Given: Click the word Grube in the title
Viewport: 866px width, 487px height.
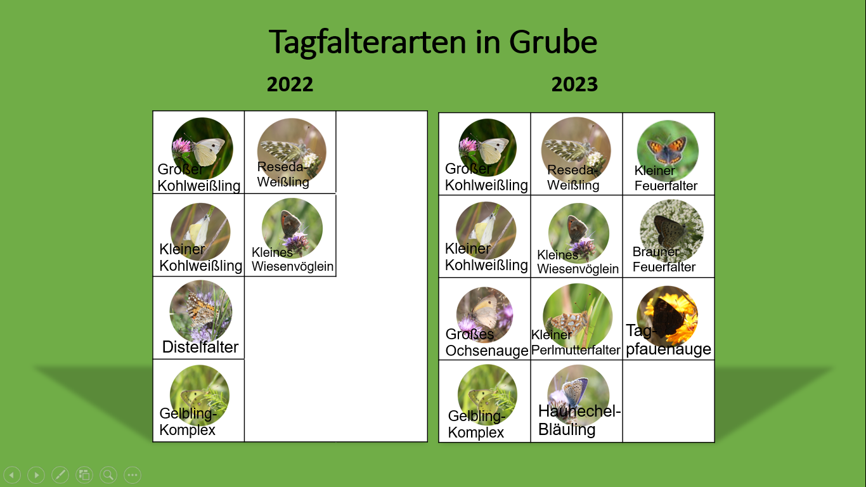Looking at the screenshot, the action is [x=553, y=42].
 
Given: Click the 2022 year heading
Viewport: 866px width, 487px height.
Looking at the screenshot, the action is [x=290, y=84].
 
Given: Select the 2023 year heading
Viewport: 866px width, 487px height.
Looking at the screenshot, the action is [x=574, y=84].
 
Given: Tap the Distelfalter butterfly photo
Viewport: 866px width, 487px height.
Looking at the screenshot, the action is [x=200, y=311].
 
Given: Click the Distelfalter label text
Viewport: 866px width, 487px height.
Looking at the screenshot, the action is [x=200, y=347].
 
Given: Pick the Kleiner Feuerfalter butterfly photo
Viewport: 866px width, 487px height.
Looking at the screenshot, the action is [x=668, y=151].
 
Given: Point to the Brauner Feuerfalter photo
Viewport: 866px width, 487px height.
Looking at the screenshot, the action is [x=671, y=231].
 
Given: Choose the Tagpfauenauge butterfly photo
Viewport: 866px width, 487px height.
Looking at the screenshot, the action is [x=668, y=316].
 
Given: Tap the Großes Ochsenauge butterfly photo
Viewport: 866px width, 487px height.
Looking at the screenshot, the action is [x=485, y=315].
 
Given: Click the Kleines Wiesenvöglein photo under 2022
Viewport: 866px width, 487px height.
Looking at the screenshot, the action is [x=292, y=228].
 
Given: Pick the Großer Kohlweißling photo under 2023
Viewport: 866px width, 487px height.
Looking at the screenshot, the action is [x=488, y=148].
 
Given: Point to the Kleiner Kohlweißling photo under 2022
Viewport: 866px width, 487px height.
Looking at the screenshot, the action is [x=200, y=231].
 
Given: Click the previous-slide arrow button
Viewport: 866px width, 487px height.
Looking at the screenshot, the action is [x=13, y=475].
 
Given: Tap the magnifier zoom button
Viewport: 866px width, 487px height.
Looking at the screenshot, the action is [x=108, y=475].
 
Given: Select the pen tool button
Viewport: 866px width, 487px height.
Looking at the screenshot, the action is [x=60, y=475].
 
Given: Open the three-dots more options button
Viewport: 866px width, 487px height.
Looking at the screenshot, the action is [x=132, y=475].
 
